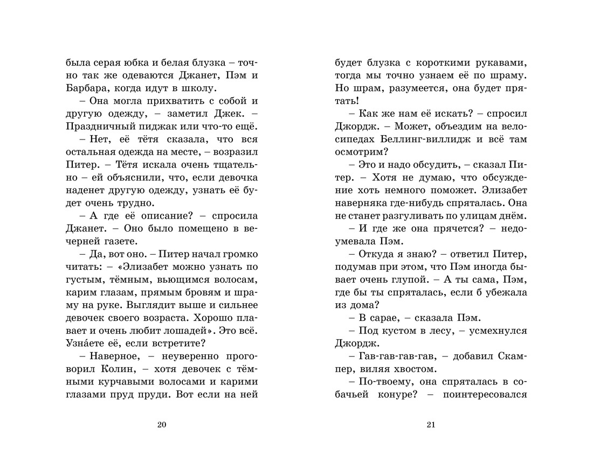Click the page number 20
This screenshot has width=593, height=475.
161,425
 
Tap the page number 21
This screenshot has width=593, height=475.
430,425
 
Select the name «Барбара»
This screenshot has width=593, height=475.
86,88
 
